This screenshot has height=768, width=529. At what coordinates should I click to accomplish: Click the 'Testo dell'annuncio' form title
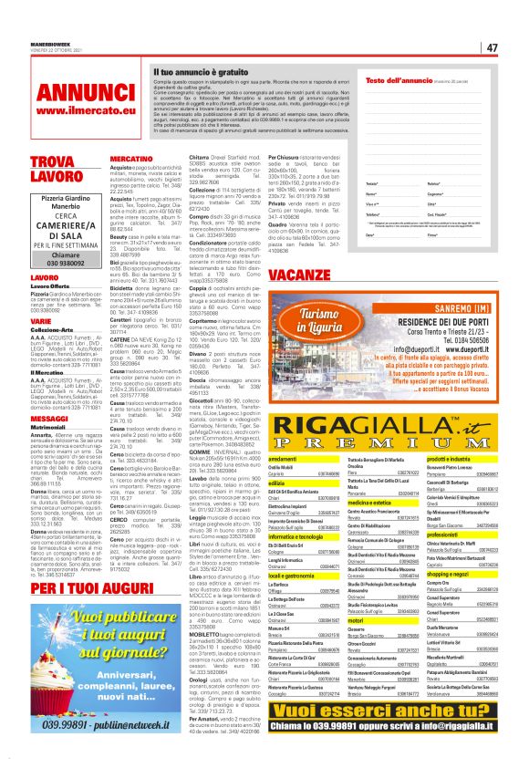point(399,81)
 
